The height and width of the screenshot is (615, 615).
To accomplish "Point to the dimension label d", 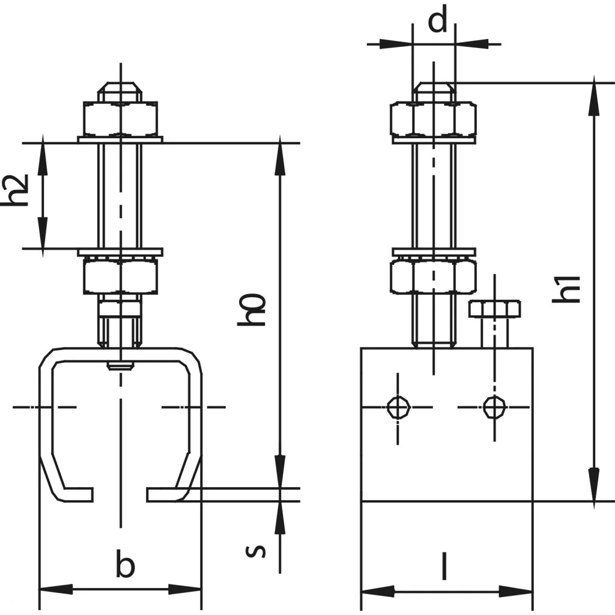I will coord(438,22).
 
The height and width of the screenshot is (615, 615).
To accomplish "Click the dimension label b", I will coord(125,565).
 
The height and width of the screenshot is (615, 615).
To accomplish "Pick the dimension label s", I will coord(256,549).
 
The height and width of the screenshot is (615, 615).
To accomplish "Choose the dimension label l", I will coord(444,566).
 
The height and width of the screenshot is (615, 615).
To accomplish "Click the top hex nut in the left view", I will coord(121,119).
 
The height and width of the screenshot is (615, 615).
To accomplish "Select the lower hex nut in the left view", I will coord(121,275).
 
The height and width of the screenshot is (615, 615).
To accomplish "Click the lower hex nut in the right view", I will coord(433,276).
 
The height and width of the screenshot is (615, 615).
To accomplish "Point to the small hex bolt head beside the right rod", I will coord(494,309).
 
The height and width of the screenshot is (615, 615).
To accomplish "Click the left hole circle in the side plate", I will coord(397,407).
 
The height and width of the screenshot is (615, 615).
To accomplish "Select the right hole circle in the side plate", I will coord(494,407).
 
